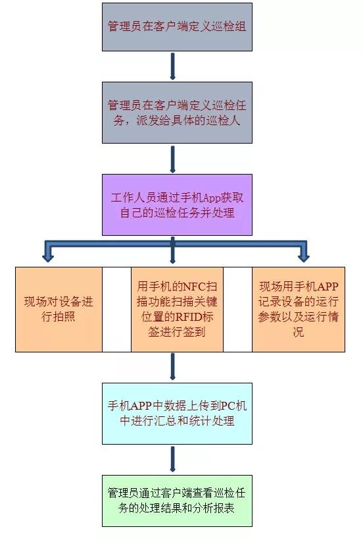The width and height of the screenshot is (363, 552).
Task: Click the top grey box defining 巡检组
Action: tap(177, 27)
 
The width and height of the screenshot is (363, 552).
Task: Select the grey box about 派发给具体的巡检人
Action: tap(177, 113)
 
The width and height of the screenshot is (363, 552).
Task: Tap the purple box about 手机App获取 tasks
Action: tap(177, 205)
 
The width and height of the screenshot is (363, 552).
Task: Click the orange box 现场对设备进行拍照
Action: tap(59, 309)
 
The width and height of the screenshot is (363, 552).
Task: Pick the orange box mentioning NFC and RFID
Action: tap(177, 309)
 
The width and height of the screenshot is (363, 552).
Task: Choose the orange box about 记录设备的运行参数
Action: tap(299, 309)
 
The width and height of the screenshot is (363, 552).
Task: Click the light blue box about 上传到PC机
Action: tap(177, 413)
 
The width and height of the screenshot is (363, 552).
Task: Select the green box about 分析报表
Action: tap(177, 501)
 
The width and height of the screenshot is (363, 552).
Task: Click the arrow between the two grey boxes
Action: tap(172, 66)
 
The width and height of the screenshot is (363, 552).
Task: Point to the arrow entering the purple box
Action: tap(172, 159)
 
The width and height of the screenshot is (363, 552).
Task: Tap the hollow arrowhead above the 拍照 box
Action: tap(48, 256)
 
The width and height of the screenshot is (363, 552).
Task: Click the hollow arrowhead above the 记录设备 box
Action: tap(304, 256)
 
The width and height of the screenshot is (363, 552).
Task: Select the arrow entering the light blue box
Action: tap(172, 367)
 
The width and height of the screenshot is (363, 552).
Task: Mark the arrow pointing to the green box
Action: tap(172, 459)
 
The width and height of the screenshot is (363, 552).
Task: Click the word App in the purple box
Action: tap(212, 198)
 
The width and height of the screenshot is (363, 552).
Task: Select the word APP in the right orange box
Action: tap(327, 287)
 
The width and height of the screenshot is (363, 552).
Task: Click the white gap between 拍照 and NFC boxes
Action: tap(116, 309)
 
